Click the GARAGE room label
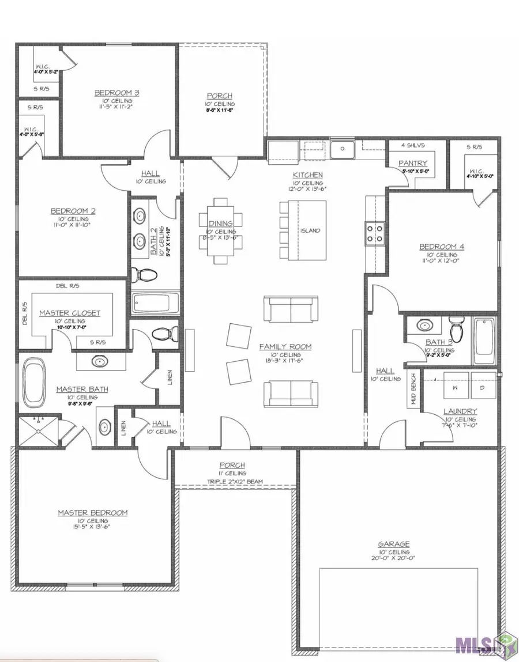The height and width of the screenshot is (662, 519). click(394, 543)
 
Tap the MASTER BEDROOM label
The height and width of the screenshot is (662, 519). click(92, 512)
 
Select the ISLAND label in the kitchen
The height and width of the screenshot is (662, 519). click(310, 230)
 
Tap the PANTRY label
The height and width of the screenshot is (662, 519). click(413, 164)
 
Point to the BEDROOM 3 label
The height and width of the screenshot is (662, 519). click(117, 92)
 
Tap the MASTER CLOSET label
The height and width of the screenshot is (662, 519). click(70, 313)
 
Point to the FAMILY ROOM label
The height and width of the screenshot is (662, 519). click(285, 346)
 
